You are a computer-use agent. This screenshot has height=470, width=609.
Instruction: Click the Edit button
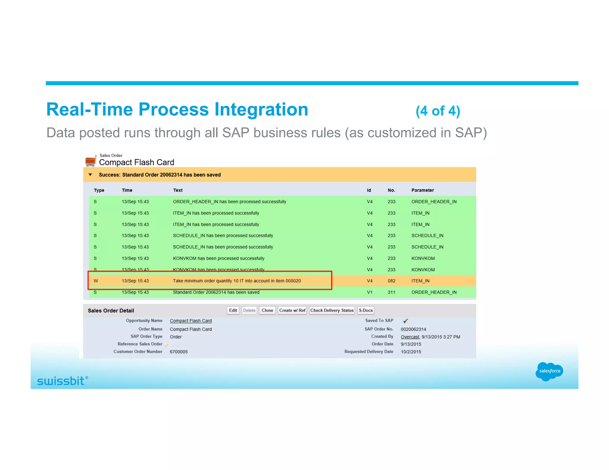coord(233,310)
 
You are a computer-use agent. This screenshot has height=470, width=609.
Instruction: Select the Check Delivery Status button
coord(332,310)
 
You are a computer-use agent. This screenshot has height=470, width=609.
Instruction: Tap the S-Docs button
coord(365,310)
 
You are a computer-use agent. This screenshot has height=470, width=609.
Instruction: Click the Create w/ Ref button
coord(292,310)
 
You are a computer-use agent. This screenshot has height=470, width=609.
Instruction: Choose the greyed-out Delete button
coord(249,310)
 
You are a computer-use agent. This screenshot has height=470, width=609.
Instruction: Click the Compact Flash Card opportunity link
coord(191,321)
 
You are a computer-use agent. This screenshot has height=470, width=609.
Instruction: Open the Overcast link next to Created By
coord(410,337)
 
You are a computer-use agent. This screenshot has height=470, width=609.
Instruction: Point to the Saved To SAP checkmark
coord(405,321)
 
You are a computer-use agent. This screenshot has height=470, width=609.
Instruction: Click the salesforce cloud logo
coord(549,371)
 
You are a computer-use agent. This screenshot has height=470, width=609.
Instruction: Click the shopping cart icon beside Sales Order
coord(90,160)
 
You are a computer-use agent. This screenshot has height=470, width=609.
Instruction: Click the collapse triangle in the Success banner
coord(90,175)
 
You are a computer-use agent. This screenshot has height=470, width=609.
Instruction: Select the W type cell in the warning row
coord(96,281)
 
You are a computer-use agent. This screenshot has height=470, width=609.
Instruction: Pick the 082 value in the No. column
coord(391,281)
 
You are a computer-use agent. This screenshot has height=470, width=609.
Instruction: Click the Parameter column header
coord(422,190)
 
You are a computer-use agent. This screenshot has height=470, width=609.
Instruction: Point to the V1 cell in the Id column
coord(369,292)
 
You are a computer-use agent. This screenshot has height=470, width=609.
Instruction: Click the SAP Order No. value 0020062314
coord(413,329)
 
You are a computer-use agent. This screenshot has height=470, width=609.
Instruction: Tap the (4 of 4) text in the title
coord(438,111)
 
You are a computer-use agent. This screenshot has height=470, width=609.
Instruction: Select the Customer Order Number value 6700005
coord(179,352)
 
